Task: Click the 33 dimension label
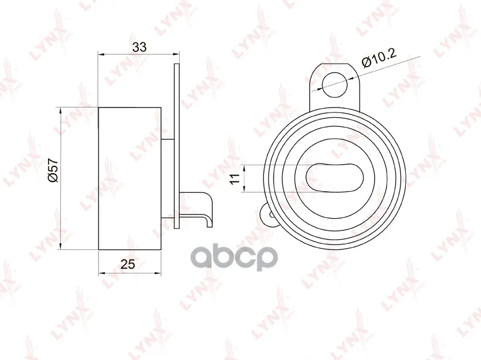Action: point(139,47)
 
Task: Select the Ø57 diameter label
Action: point(53,171)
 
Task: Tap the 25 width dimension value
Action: point(128,264)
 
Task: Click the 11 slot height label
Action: point(234,178)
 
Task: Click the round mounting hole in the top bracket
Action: point(335,85)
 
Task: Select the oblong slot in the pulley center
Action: point(334,177)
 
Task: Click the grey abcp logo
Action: point(234,257)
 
